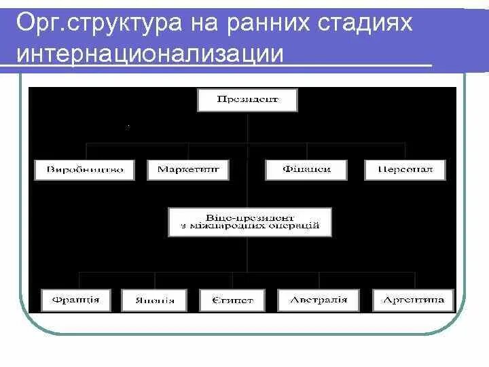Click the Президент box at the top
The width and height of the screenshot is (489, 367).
[x=248, y=101]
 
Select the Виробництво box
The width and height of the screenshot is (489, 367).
[x=86, y=169]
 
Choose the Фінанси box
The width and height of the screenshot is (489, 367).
[x=307, y=169]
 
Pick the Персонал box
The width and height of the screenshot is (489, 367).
[x=405, y=169]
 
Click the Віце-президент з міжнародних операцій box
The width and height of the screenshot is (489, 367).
[x=250, y=221]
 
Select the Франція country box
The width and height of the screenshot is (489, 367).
[x=75, y=300]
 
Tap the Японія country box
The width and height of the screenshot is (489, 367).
[x=153, y=300]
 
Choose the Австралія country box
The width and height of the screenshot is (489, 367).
[x=318, y=300]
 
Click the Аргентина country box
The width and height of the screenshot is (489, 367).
[x=413, y=300]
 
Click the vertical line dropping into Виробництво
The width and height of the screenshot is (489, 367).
[x=86, y=151]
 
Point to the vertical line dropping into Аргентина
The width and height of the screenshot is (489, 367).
[x=414, y=280]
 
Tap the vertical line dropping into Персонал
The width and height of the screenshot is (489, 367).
[x=405, y=151]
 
